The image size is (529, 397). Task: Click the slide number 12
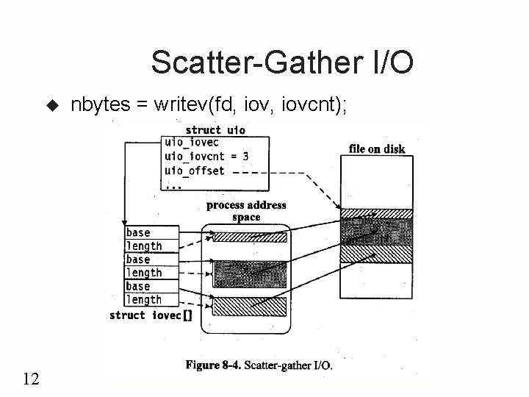click(x=31, y=379)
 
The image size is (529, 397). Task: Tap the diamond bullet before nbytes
click(x=51, y=107)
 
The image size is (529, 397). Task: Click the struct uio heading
click(x=215, y=130)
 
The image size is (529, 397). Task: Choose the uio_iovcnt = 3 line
click(x=206, y=156)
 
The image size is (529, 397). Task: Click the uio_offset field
click(x=195, y=170)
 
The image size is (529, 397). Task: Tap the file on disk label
click(x=377, y=149)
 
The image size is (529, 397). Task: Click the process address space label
click(x=246, y=211)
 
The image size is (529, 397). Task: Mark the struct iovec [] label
click(x=150, y=315)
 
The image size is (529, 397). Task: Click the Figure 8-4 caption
click(x=259, y=364)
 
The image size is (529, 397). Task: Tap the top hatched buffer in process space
click(x=250, y=237)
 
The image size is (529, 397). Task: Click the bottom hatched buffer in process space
click(x=250, y=304)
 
